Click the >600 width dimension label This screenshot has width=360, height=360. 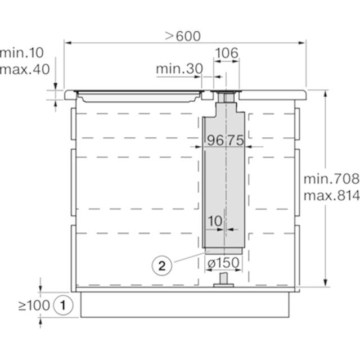pos(183,36)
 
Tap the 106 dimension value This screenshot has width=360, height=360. pos(227,53)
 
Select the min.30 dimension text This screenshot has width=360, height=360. pos(179,69)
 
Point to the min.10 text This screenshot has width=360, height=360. pos(22,53)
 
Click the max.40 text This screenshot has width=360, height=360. pos(25,69)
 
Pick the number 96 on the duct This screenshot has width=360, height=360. pos(215,140)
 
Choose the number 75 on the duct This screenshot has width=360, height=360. pos(236,140)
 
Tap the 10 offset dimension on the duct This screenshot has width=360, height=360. pos(215,221)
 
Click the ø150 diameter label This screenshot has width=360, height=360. pos(223,263)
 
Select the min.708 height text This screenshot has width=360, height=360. pos(331,179)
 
